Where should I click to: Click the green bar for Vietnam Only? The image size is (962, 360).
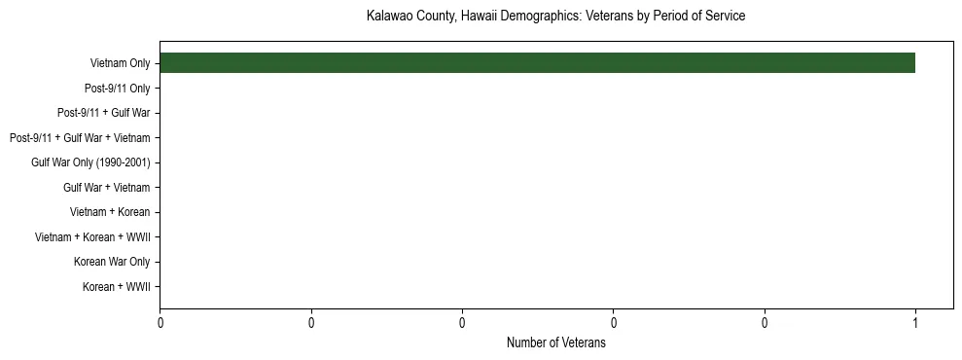click(x=537, y=63)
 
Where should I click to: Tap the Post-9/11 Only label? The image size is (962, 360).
click(x=117, y=89)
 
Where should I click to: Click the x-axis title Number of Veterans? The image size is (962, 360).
click(x=555, y=343)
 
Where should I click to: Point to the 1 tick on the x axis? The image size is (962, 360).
click(x=915, y=323)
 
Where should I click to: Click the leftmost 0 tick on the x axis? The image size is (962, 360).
click(x=160, y=323)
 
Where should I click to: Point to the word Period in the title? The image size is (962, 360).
click(x=671, y=17)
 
